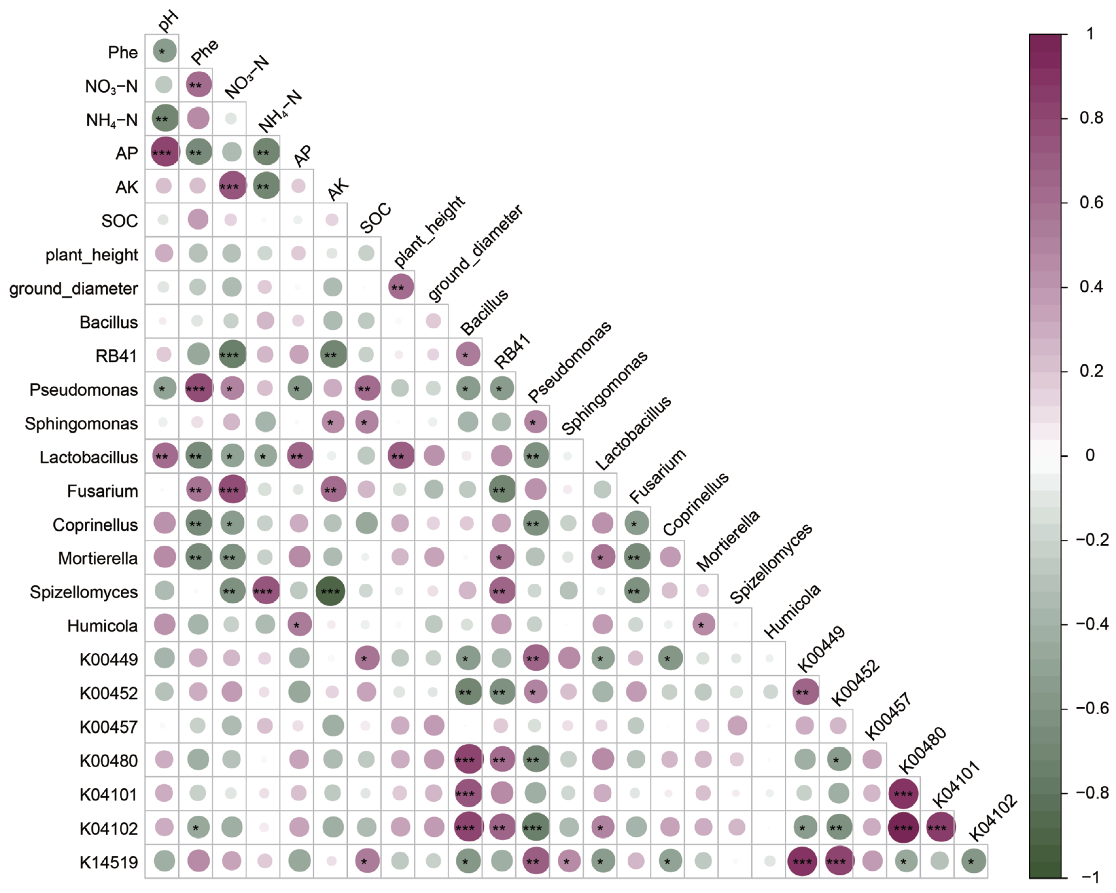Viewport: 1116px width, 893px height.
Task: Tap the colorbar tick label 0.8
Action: (1091, 118)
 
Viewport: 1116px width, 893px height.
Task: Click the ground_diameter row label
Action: (74, 288)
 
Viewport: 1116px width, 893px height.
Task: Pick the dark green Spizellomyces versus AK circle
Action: (330, 591)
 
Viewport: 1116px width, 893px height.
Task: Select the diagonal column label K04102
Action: (992, 818)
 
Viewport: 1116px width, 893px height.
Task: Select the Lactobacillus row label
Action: (89, 457)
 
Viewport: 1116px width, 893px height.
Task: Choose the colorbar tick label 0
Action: (1090, 455)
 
